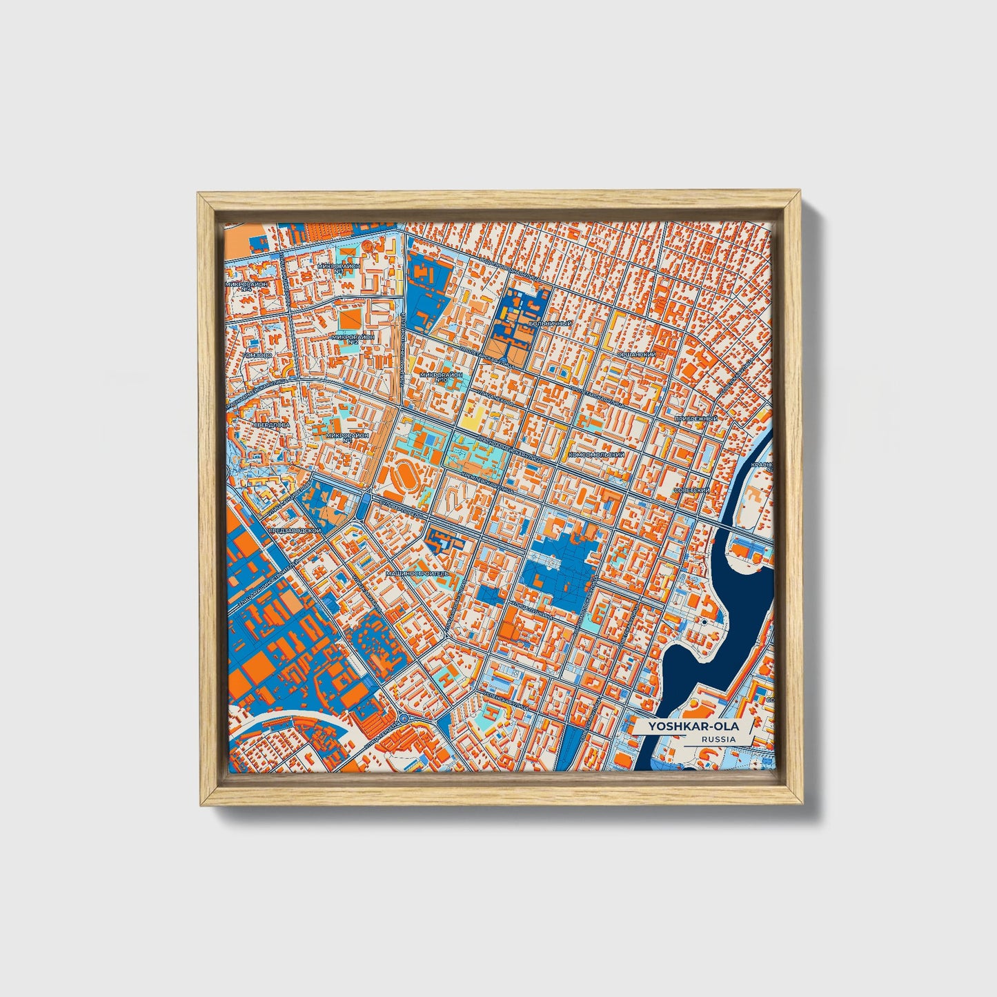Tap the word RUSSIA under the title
(x=718, y=739)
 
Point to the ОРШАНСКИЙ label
(x=635, y=355)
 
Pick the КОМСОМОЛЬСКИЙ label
(x=596, y=455)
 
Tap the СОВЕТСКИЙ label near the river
(x=692, y=490)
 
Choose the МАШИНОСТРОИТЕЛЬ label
(x=417, y=573)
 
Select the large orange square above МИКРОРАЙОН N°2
(x=349, y=317)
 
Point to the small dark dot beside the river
(x=703, y=622)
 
